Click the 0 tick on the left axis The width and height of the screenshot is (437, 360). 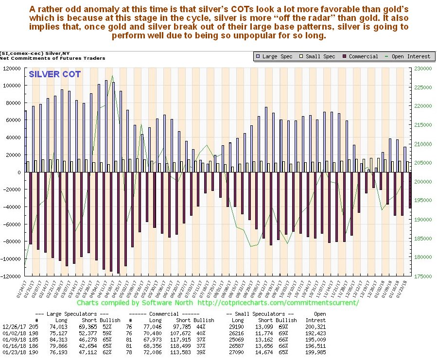pos(20,172)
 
